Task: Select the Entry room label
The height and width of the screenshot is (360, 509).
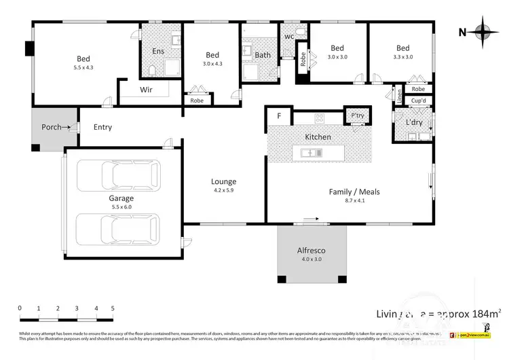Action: point(102,127)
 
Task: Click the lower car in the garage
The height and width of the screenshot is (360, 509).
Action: point(118,229)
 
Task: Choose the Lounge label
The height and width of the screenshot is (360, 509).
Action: point(223,181)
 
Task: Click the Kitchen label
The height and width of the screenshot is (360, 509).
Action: point(318,137)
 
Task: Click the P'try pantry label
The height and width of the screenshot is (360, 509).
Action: point(357,116)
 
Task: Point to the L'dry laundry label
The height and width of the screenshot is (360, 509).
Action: point(414,123)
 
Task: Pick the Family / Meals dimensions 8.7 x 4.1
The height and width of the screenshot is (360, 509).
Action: point(354,202)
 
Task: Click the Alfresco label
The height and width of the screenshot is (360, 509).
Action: point(312,251)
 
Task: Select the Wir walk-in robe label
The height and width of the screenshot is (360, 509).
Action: point(146,90)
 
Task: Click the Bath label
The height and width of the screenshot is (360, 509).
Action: point(263,56)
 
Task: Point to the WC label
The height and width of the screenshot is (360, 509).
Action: point(288,36)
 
